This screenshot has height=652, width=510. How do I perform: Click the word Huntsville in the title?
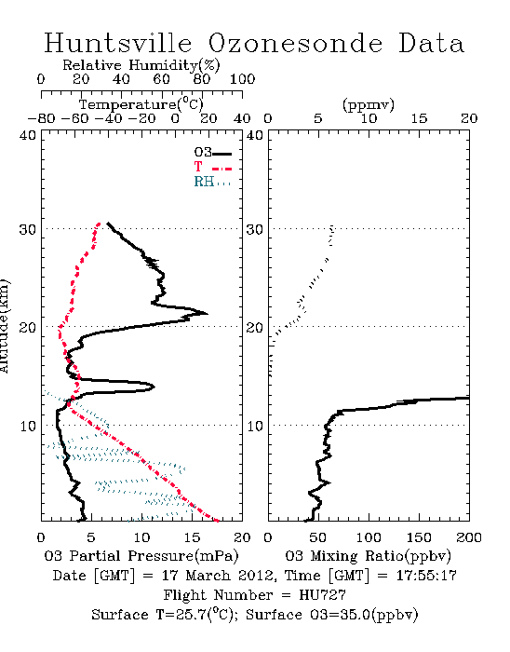click(117, 43)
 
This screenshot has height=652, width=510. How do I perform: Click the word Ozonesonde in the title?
click(295, 43)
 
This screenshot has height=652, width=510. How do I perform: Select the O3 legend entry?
click(212, 153)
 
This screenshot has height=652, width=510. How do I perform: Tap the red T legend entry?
click(212, 167)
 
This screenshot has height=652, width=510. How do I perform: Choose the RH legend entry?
click(212, 182)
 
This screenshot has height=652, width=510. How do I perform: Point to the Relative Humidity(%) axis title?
click(141, 65)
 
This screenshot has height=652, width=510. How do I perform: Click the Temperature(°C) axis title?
click(141, 104)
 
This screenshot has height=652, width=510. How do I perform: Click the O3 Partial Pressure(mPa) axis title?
click(141, 556)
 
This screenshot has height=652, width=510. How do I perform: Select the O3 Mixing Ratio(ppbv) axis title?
click(368, 556)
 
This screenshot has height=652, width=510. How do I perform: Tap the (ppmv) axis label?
click(369, 105)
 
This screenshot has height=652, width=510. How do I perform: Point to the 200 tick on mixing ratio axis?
click(469, 537)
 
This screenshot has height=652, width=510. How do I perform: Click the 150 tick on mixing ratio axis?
click(419, 537)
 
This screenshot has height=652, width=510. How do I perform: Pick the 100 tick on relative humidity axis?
click(242, 79)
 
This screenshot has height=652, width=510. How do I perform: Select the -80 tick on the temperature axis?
click(41, 118)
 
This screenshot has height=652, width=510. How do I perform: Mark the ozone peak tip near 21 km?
click(207, 314)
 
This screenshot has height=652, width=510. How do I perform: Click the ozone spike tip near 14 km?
click(154, 387)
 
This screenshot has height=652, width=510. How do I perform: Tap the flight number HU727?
click(322, 595)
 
